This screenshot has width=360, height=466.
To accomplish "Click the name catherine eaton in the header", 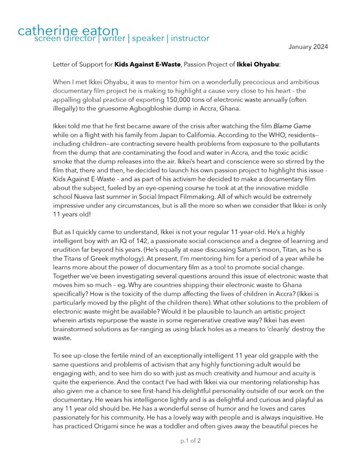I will [68, 30].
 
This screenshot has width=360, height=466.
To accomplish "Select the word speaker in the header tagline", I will [148, 38].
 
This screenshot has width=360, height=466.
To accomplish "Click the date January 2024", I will [308, 47].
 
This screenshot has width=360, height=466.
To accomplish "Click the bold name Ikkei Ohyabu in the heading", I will [258, 65].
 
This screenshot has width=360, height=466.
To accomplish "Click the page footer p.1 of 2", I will [190, 441].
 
